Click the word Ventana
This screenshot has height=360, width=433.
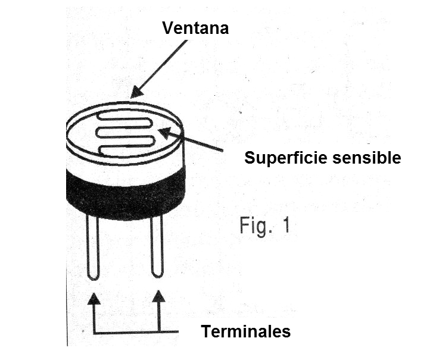[x=195, y=28]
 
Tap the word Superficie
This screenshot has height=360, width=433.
[x=285, y=158]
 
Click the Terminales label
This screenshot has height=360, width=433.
[x=245, y=331]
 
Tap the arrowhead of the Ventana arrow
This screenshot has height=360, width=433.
[x=136, y=92]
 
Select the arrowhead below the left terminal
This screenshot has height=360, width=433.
[x=94, y=298]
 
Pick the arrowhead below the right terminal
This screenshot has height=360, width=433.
[x=158, y=296]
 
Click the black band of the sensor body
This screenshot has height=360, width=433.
[x=125, y=193]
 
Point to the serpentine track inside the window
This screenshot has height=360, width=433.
[x=124, y=134]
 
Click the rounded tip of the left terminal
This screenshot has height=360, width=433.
[x=93, y=277]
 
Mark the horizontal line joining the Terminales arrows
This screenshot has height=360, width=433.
[x=136, y=332]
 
